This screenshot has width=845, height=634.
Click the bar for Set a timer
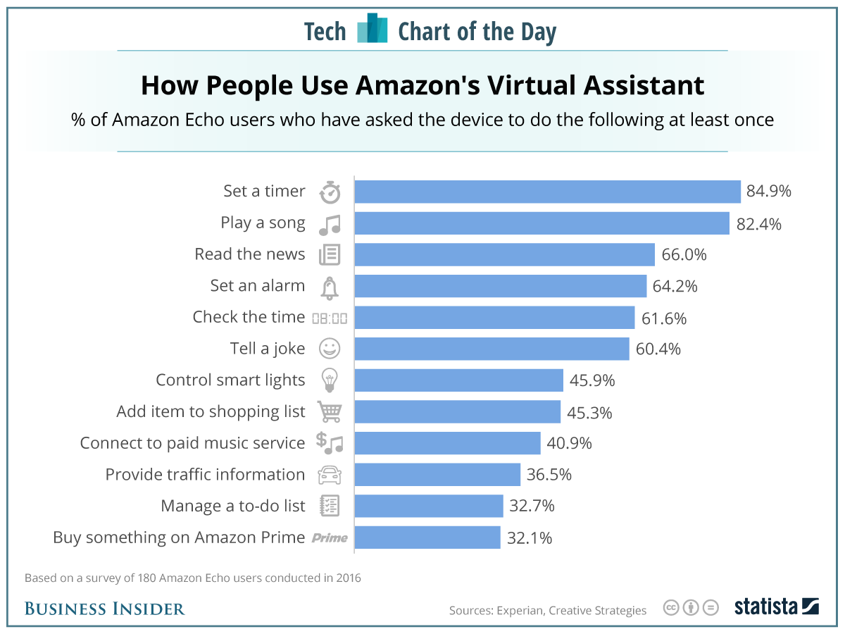[x=547, y=192]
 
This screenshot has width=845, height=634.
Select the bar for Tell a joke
[x=492, y=349]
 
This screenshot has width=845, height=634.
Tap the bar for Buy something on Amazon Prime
[x=427, y=537]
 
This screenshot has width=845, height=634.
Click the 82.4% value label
[x=759, y=223]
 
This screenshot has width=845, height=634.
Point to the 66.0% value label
[x=684, y=254]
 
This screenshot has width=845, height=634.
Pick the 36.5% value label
[x=549, y=475]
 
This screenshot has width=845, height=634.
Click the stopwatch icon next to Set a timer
[x=330, y=192]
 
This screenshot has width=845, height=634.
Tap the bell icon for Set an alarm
[x=330, y=287]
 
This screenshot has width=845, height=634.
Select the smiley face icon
[x=330, y=349]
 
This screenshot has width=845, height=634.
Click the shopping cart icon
[x=330, y=411]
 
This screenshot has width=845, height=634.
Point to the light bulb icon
[x=330, y=380]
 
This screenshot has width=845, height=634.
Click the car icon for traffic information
[x=330, y=475]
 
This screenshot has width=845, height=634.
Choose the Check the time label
[x=249, y=317]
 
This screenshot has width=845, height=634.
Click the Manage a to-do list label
[x=233, y=506]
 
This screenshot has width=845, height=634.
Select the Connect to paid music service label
[x=192, y=443]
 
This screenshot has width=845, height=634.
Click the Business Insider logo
[x=104, y=609]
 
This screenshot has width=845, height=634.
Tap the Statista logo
[x=776, y=607]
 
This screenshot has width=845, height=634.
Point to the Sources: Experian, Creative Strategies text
[x=547, y=610]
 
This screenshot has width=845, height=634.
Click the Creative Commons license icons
[x=691, y=607]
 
